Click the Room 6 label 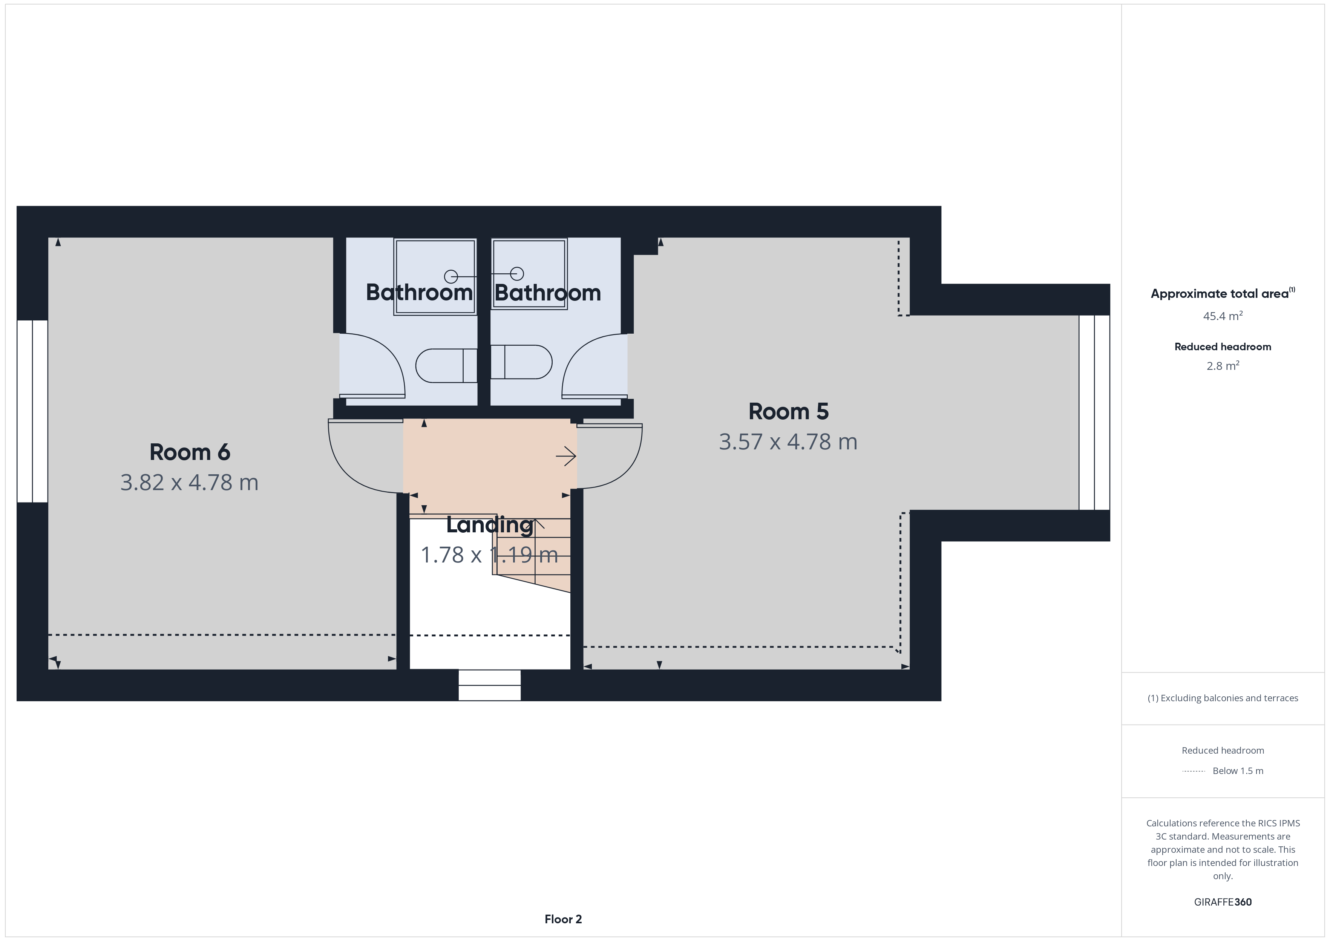click(189, 452)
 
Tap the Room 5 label click(788, 411)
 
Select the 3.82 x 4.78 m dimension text click(189, 483)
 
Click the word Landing click(489, 525)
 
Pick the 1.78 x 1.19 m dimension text click(489, 555)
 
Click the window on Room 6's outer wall click(32, 411)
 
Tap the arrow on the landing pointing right click(566, 457)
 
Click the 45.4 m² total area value click(1222, 316)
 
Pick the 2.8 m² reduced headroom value click(1222, 366)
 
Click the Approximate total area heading click(1220, 294)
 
